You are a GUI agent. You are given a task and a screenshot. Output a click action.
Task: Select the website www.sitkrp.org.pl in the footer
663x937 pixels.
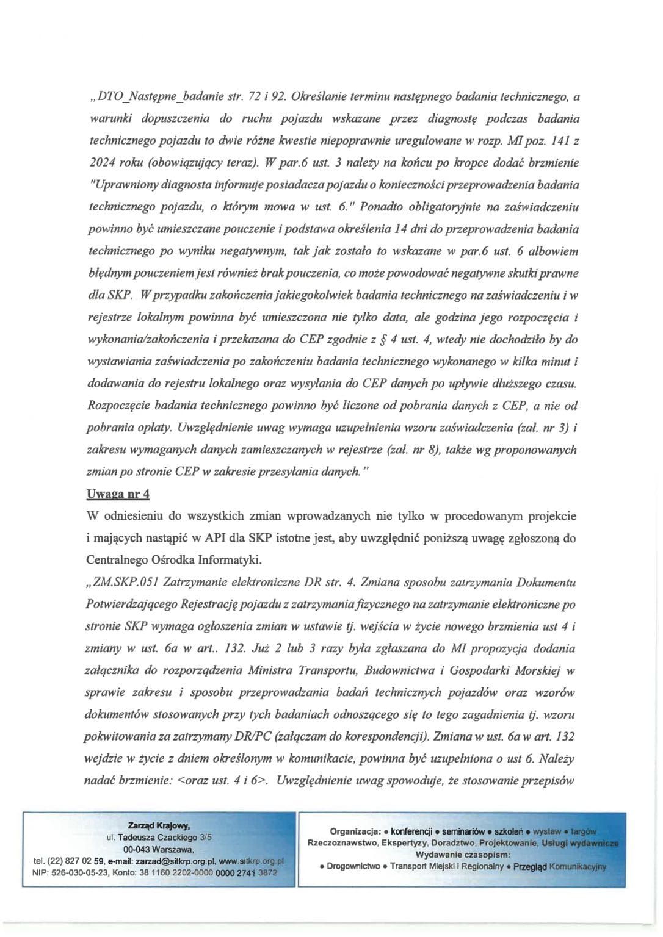(x=251, y=861)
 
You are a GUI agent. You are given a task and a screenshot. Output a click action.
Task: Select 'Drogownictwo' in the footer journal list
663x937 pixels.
(x=353, y=866)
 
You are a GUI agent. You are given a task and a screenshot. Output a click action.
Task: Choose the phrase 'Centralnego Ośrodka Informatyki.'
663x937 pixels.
(x=165, y=561)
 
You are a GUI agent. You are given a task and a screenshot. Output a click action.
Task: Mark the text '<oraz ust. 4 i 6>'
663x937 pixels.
(x=223, y=781)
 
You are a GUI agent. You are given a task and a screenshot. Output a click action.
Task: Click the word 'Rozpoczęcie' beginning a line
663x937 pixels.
(x=119, y=406)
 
